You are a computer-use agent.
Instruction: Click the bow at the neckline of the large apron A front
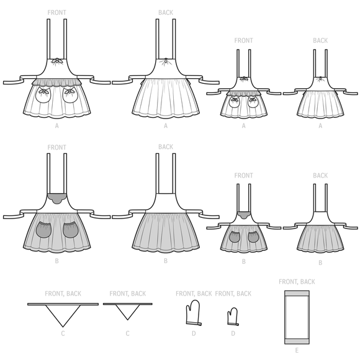56,61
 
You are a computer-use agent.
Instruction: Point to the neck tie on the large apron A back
165,61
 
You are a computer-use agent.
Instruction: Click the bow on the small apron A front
243,79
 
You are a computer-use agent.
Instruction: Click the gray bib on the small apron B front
243,215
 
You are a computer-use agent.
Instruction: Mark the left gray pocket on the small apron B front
235,236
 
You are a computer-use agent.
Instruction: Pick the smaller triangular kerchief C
127,311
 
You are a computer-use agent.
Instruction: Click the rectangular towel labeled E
297,317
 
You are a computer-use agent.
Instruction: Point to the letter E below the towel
297,351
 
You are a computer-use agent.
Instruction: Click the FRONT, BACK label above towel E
297,282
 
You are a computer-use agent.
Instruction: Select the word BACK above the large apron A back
166,12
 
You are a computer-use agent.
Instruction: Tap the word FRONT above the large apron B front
56,147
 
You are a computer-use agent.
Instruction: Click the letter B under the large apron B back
166,262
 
